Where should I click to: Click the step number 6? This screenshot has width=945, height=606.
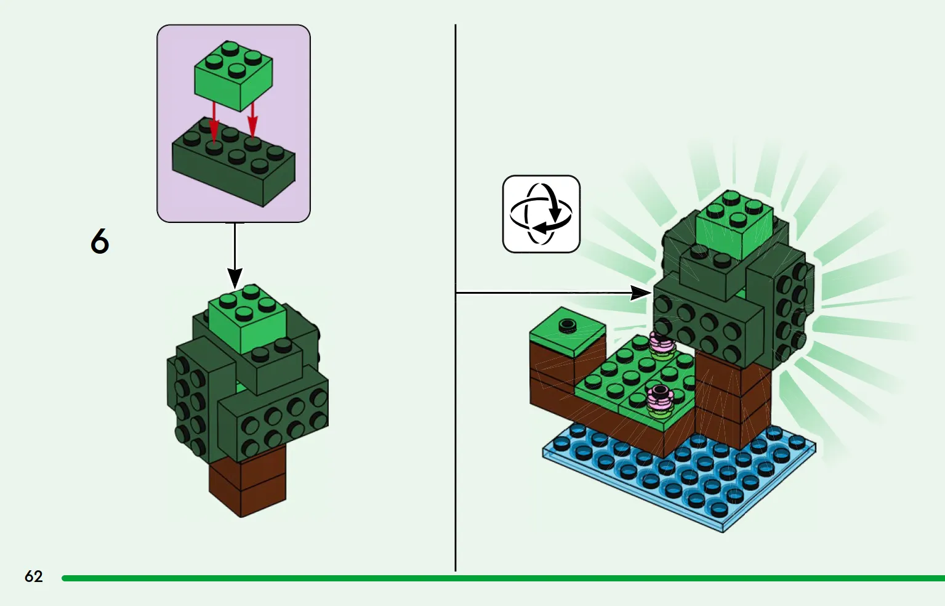pos(100,241)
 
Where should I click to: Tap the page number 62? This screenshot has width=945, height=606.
pos(34,576)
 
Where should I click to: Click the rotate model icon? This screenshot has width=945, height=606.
pos(541,214)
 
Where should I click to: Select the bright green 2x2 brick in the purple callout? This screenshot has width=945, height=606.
pos(233,76)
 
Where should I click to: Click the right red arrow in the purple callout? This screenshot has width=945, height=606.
pos(252,120)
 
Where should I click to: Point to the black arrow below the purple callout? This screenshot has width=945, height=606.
pos(235,256)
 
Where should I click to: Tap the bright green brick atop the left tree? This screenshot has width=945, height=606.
pos(247,318)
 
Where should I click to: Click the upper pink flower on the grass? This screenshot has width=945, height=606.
pos(661,345)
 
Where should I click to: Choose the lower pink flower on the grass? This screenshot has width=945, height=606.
pos(661,401)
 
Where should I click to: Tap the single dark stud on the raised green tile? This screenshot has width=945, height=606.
pos(568,325)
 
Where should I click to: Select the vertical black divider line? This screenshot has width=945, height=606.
pos(456,297)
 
